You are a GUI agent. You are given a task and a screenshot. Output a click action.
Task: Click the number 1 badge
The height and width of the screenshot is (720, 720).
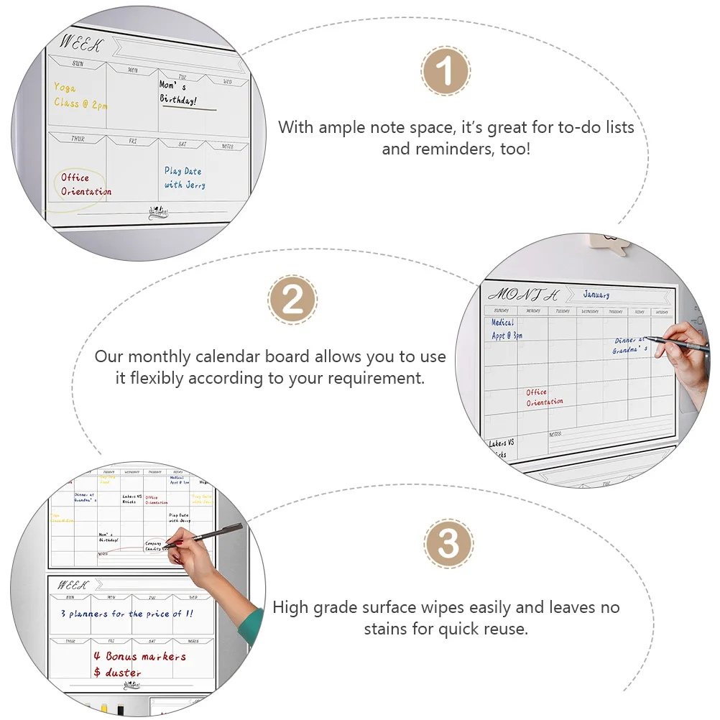[446, 72]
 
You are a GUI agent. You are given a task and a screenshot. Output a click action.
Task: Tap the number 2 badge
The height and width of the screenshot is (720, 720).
[292, 299]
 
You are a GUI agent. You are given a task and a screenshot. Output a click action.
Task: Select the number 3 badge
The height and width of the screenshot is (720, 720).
[448, 544]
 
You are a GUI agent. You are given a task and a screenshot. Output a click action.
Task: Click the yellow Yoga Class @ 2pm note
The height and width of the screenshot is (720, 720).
[80, 96]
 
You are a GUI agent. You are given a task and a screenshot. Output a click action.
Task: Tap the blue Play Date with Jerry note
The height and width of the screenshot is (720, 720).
[185, 178]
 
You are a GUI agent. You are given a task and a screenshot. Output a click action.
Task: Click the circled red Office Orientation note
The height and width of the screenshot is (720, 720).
[85, 185]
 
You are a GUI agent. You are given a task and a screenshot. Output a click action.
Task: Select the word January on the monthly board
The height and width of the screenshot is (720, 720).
[596, 295]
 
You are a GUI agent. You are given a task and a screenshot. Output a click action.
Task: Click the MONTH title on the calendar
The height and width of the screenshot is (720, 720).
[522, 295]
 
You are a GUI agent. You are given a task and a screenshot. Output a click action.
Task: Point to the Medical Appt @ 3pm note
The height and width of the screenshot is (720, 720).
[506, 329]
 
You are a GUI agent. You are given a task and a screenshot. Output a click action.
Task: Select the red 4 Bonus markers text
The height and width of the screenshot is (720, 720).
[139, 656]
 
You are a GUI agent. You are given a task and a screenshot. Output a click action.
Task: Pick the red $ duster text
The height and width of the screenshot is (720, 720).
[118, 673]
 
